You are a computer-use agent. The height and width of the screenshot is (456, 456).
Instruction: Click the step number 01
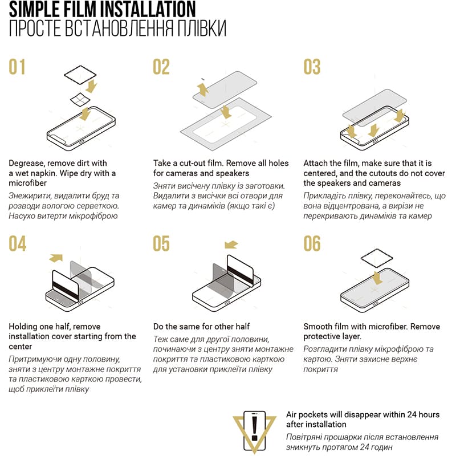(x=17, y=67)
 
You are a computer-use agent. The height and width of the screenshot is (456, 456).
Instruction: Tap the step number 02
(x=161, y=67)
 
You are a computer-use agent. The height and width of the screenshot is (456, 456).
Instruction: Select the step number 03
(x=312, y=67)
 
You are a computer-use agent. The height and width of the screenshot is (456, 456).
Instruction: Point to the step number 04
(x=18, y=243)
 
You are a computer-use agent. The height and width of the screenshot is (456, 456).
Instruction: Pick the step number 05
(x=161, y=243)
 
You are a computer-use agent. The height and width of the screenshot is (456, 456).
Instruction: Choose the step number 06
(x=312, y=243)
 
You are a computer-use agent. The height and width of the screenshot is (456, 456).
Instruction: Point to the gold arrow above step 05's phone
(x=231, y=245)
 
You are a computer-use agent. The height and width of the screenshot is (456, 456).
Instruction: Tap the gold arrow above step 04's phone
(x=56, y=258)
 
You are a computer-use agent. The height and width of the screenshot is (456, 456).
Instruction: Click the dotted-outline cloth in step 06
(x=377, y=258)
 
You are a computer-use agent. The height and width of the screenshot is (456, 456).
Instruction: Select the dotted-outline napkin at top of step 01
(x=80, y=75)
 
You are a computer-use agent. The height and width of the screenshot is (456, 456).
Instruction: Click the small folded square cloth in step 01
(x=80, y=100)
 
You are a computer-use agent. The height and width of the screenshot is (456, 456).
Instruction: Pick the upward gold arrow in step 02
(x=203, y=89)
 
